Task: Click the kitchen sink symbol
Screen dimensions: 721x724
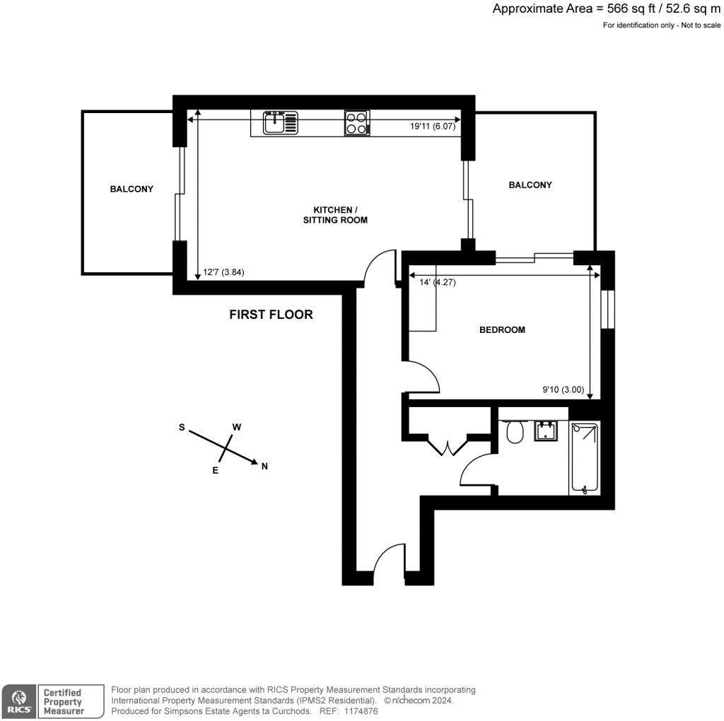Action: tap(281, 123)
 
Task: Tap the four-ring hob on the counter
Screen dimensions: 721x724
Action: tap(357, 123)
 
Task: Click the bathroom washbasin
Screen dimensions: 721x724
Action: tap(547, 430)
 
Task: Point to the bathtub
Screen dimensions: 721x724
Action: tap(585, 457)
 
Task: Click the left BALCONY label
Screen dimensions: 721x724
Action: tap(132, 189)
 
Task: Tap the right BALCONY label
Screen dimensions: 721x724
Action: tap(530, 184)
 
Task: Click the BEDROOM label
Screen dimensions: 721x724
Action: tap(502, 329)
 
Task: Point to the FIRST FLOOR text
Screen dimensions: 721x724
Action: tap(271, 315)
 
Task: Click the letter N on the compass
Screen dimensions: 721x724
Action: tap(265, 466)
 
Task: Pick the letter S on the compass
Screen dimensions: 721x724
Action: tap(182, 427)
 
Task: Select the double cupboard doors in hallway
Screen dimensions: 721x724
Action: tap(448, 445)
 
